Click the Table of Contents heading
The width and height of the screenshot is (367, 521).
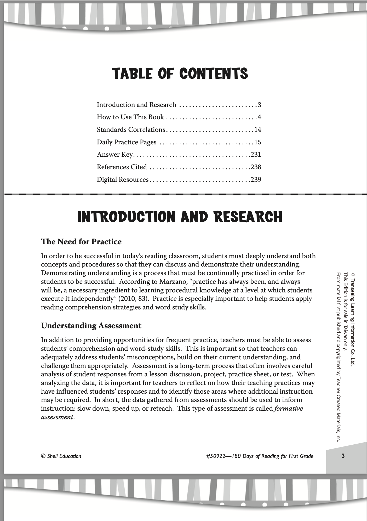(x=180, y=73)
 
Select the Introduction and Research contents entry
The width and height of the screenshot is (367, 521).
(x=136, y=105)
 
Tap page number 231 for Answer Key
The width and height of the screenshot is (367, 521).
(x=256, y=155)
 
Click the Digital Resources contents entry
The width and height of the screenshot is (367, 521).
(x=123, y=180)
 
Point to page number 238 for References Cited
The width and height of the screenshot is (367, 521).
(x=256, y=167)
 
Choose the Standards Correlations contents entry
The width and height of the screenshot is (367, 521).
(x=131, y=130)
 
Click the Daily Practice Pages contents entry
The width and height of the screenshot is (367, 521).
(x=127, y=142)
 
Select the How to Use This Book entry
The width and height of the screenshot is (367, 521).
(x=130, y=117)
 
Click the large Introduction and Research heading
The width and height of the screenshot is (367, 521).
(x=180, y=217)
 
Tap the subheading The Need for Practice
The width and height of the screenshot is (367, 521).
(x=81, y=242)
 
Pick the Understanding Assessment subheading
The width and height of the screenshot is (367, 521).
(x=91, y=326)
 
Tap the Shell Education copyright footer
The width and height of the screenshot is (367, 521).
(x=61, y=456)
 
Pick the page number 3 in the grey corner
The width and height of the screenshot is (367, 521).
(x=343, y=456)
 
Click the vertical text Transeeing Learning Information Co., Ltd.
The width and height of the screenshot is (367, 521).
(x=353, y=319)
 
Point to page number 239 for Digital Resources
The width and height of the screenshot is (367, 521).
(x=256, y=180)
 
